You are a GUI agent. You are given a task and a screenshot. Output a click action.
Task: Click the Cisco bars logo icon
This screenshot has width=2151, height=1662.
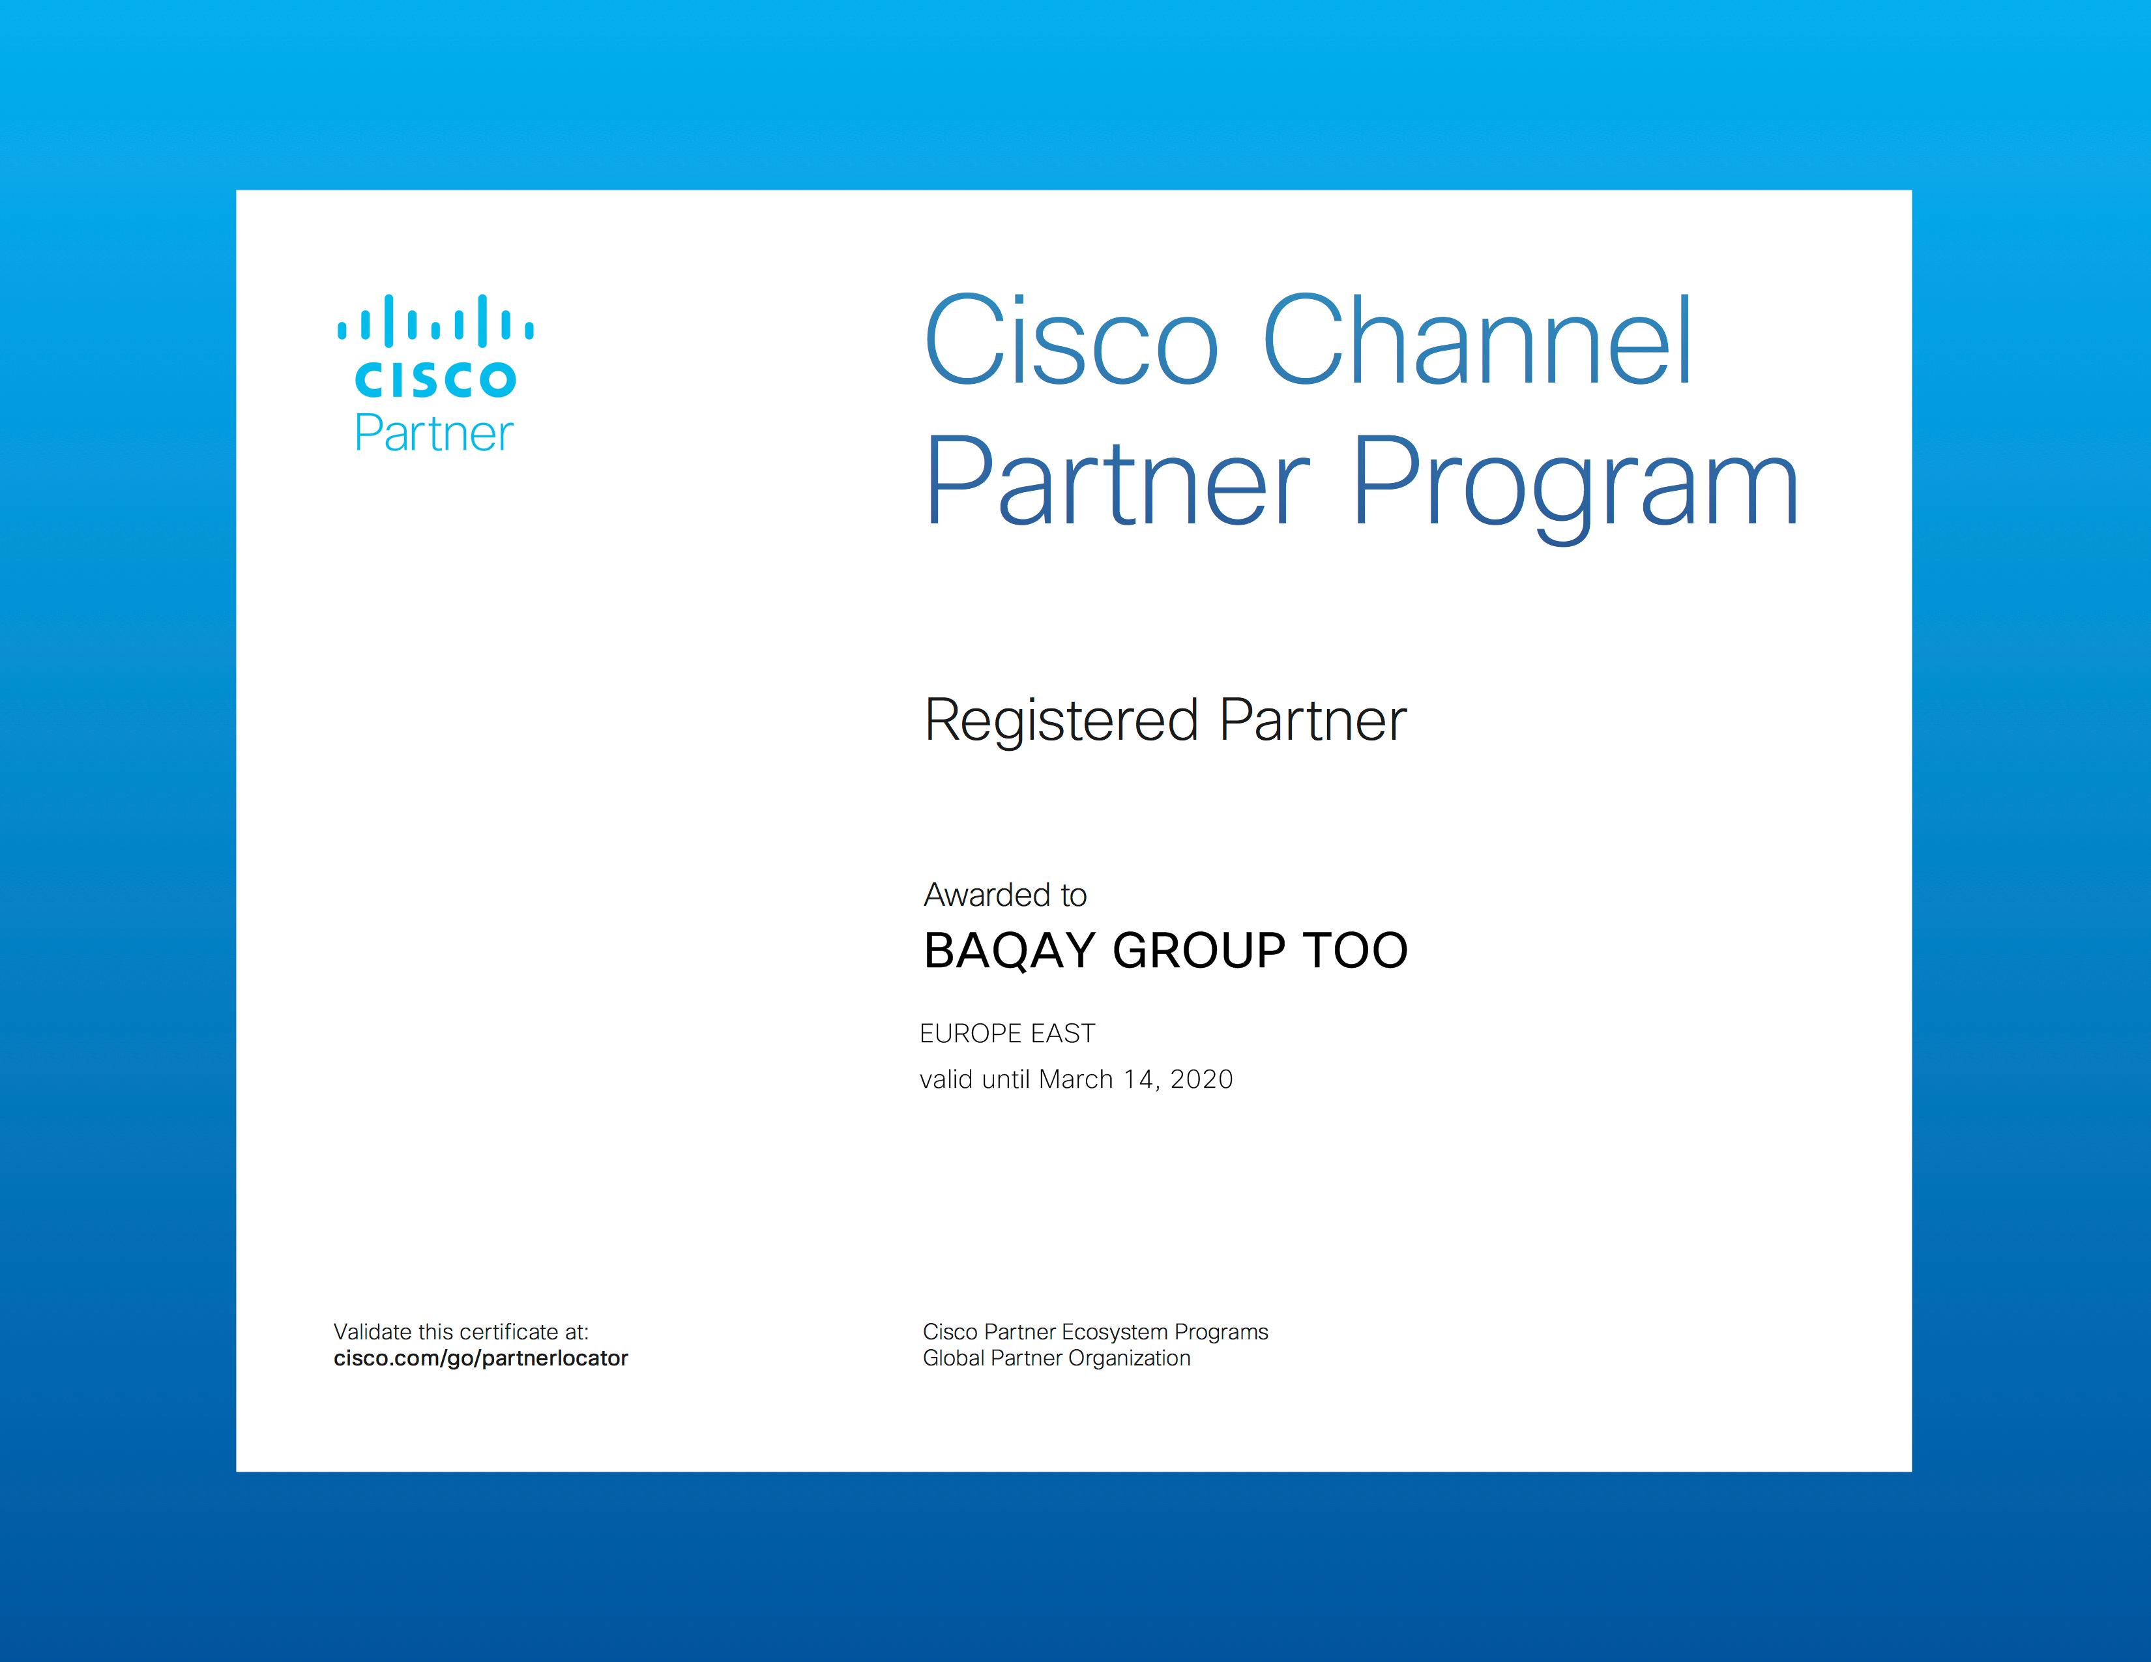point(435,320)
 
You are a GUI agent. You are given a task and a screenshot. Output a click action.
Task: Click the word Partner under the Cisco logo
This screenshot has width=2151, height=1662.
point(433,433)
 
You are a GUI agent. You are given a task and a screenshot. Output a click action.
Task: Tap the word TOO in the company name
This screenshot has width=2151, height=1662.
point(1355,950)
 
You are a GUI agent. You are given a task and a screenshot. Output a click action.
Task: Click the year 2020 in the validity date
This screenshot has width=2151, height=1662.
point(1201,1080)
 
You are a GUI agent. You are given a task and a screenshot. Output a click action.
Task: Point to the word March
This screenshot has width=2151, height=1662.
point(1075,1080)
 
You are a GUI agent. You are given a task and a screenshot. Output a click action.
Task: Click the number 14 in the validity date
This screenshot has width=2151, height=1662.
point(1139,1080)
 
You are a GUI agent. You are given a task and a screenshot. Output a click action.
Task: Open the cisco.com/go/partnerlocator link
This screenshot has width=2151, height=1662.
point(480,1359)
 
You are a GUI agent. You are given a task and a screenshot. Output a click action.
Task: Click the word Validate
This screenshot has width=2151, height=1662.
point(372,1332)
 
